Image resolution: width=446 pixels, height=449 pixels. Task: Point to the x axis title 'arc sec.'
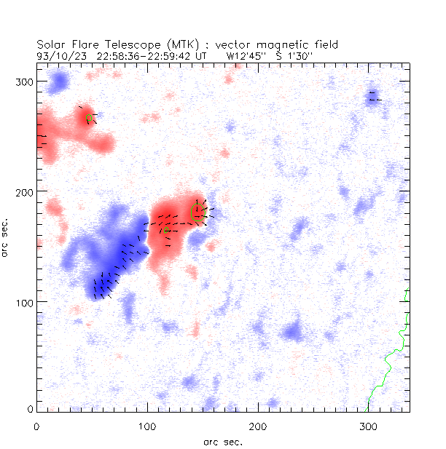tap(222, 441)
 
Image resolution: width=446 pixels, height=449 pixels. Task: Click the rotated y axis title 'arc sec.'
tap(7, 237)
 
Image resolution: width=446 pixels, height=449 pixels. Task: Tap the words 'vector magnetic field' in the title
tap(280, 44)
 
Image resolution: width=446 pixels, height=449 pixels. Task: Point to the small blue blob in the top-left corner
tap(57, 82)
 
